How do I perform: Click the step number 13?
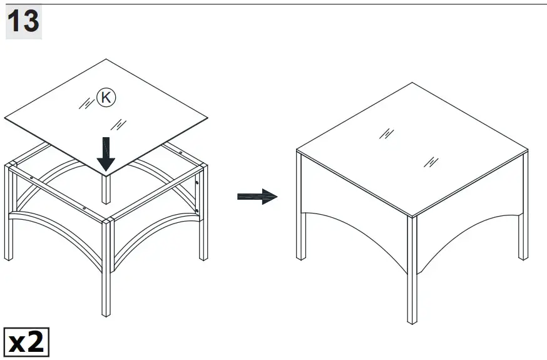[23, 22]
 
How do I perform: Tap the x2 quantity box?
[27, 341]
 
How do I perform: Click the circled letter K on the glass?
[106, 98]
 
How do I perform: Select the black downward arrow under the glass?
[106, 153]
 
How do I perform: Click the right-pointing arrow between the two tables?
[257, 197]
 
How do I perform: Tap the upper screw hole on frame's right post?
[197, 183]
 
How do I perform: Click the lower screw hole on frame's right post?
[197, 211]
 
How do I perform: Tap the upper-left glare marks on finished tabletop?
[387, 133]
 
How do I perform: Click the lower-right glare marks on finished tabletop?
[431, 162]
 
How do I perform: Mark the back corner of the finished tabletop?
[412, 83]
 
